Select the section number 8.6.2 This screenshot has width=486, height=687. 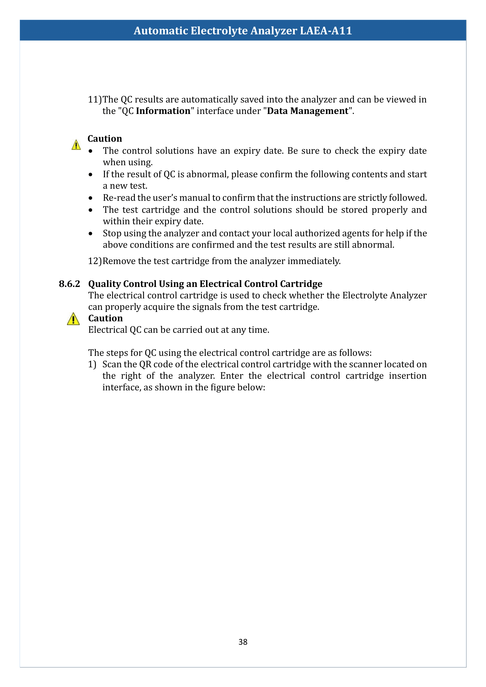tap(69, 284)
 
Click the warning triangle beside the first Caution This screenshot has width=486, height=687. tap(76, 145)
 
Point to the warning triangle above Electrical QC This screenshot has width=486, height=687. tap(73, 319)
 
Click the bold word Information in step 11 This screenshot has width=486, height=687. tap(163, 111)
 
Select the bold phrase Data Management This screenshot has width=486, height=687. tap(308, 111)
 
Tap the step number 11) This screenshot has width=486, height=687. tap(95, 99)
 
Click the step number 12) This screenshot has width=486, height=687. tap(95, 261)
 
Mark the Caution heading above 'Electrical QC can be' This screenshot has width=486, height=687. tap(105, 318)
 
